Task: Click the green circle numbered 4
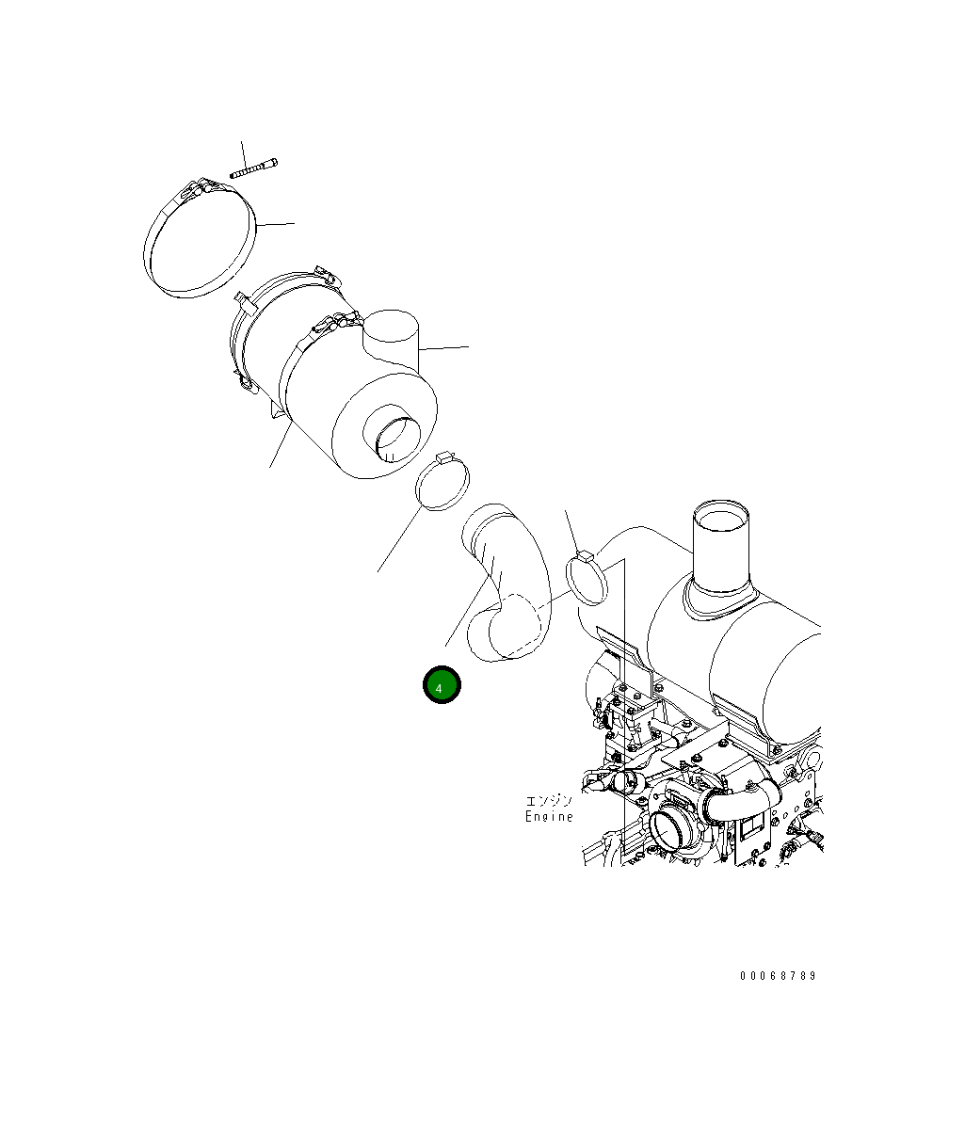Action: tap(442, 685)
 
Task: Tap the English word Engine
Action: tap(550, 816)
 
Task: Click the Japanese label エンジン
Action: tap(550, 801)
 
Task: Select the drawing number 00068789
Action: tap(779, 976)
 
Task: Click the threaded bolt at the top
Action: tap(253, 168)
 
